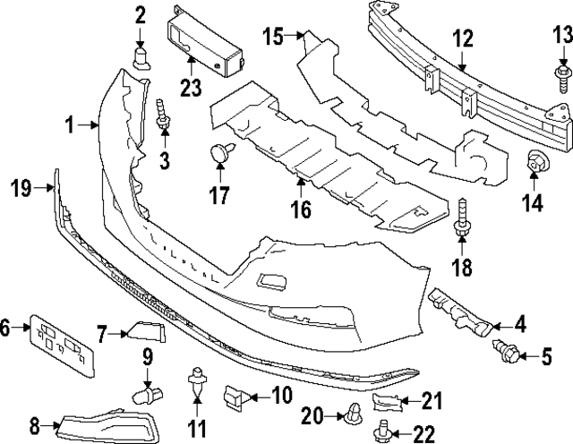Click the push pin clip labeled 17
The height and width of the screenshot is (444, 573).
point(219,178)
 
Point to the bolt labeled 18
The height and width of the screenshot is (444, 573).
point(463,218)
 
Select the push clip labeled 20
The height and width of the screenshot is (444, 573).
point(354,414)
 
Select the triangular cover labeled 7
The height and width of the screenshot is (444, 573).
point(149,333)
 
